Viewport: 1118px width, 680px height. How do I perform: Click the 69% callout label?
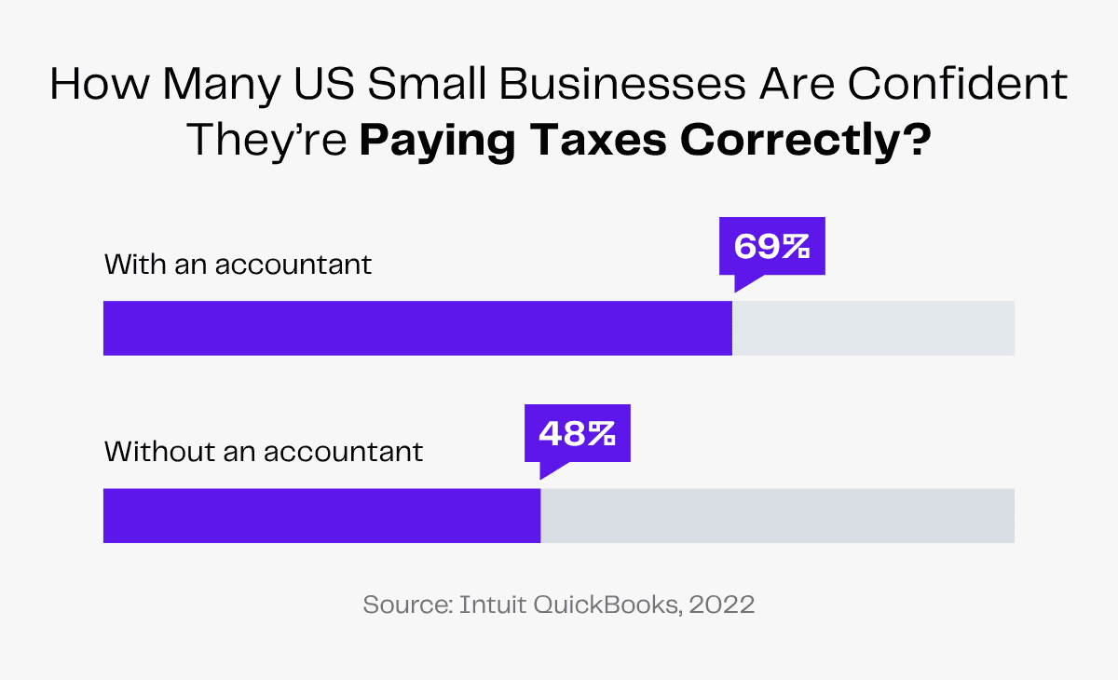(772, 247)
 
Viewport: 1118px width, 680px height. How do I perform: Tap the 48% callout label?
(577, 433)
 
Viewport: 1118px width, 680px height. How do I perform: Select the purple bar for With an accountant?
(417, 328)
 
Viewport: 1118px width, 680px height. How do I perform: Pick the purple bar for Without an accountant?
(321, 515)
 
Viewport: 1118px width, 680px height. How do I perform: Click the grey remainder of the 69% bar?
(873, 328)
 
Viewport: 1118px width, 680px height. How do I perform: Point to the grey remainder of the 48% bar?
(777, 515)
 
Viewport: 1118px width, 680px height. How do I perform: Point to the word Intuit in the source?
(491, 604)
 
